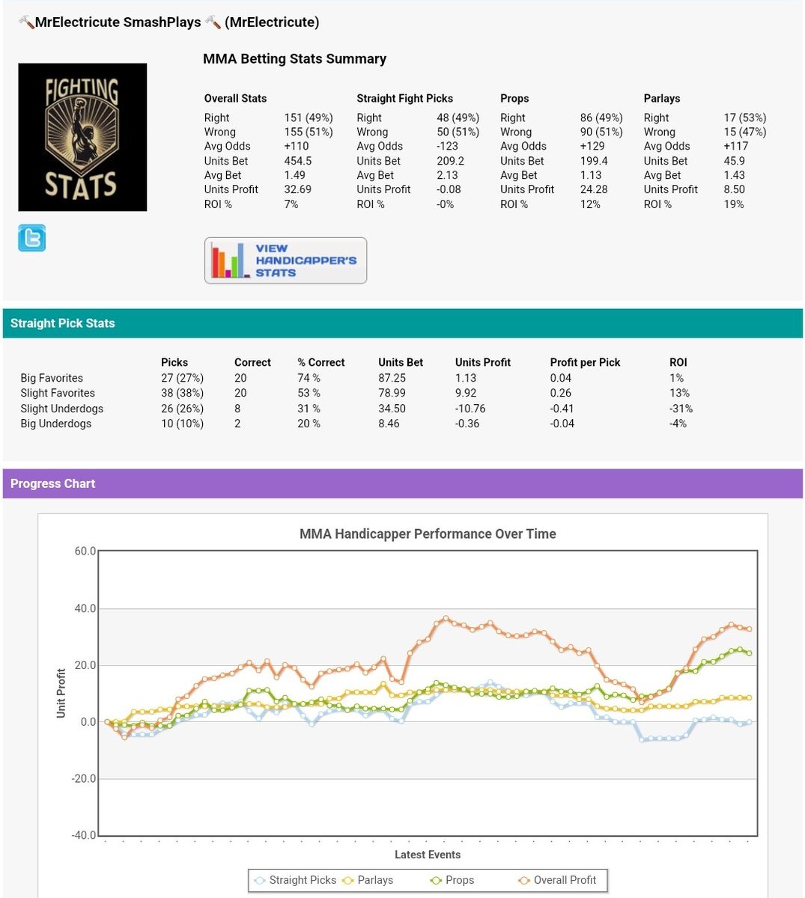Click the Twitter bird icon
point(31,238)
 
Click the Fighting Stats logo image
point(82,137)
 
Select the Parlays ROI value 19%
point(734,204)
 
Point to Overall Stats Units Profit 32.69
point(298,189)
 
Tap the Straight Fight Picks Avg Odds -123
point(447,147)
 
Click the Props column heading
point(514,98)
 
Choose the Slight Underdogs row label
point(61,409)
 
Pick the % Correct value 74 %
point(309,378)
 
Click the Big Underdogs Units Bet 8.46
point(389,424)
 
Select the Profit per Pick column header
point(585,362)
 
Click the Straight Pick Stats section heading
point(63,323)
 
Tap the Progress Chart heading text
point(53,483)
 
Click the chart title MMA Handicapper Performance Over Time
point(428,534)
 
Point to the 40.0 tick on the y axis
point(85,608)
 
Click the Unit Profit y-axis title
point(61,693)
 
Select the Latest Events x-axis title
point(428,855)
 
